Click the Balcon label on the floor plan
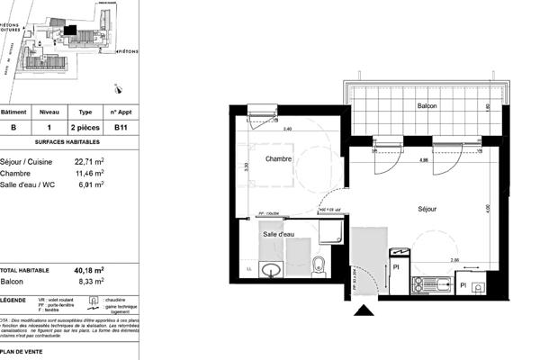(427, 105)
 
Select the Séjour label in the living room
(427, 209)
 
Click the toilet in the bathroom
(317, 265)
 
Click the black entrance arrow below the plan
(364, 311)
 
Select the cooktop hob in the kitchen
(423, 285)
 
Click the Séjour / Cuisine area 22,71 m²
(89, 162)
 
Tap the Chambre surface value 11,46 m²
(89, 173)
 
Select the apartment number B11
(120, 128)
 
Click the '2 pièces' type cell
(86, 128)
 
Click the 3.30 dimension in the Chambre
(246, 166)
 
